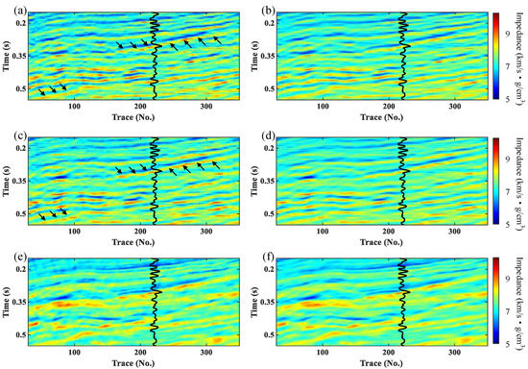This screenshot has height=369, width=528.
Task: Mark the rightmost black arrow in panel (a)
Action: pyautogui.click(x=216, y=38)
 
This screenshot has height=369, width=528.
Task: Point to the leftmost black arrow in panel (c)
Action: pyautogui.click(x=42, y=218)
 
